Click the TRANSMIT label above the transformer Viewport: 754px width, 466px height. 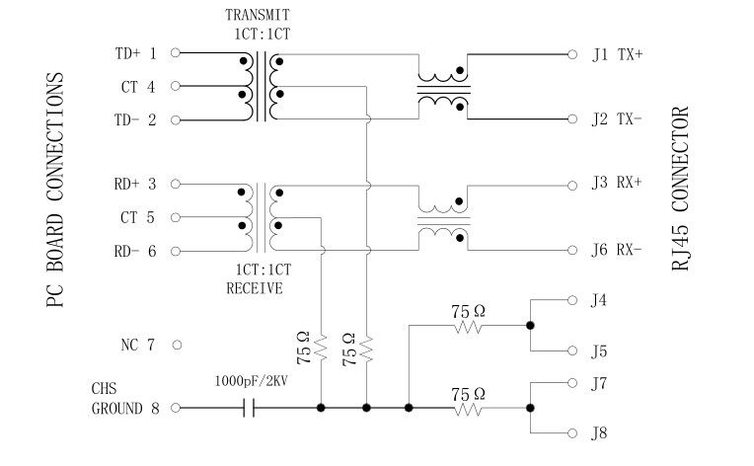(x=258, y=15)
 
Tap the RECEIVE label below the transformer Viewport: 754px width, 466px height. (x=255, y=288)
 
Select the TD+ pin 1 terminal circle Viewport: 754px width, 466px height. (x=176, y=53)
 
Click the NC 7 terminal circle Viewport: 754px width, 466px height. (x=176, y=346)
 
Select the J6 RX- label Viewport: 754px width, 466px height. (x=617, y=251)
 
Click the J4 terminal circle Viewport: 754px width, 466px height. (x=572, y=298)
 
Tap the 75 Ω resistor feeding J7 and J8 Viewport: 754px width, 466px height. (x=470, y=407)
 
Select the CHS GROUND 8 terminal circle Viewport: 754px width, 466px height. (x=176, y=407)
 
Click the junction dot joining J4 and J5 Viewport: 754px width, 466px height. (x=531, y=324)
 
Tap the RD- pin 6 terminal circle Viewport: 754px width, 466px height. (x=176, y=251)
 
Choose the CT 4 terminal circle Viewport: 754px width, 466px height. (x=176, y=87)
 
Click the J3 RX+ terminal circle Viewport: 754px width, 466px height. (x=572, y=184)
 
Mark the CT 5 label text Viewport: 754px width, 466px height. (x=137, y=217)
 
